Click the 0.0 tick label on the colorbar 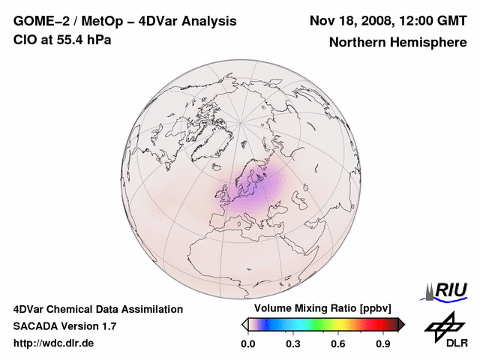(x=247, y=344)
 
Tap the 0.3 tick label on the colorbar (x=293, y=344)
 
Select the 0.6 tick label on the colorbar (x=339, y=344)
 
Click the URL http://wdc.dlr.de (x=54, y=343)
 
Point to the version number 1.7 (x=107, y=326)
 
